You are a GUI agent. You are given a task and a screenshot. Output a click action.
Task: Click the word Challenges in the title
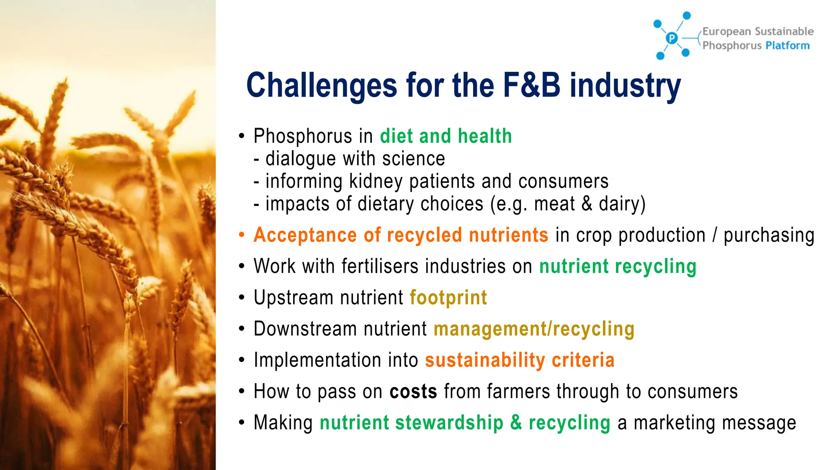(322, 86)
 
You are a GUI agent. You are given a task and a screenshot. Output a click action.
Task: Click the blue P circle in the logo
(671, 38)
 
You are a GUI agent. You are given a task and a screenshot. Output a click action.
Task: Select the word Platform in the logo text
(787, 45)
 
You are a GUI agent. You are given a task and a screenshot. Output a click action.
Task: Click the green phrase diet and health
(446, 136)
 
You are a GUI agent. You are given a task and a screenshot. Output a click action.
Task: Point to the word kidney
(376, 182)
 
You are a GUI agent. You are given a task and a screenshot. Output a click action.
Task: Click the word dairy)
(622, 204)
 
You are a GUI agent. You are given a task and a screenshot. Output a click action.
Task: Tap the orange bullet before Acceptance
(242, 235)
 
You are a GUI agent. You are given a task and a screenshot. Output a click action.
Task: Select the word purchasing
(769, 235)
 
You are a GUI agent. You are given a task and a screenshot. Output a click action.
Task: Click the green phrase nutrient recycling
(618, 266)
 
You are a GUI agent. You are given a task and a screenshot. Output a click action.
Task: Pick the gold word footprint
(448, 297)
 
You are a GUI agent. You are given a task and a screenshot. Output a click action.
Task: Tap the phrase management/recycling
(534, 329)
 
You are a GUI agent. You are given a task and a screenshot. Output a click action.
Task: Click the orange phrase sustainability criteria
(520, 360)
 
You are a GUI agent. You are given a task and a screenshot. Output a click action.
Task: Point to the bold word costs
(413, 391)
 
